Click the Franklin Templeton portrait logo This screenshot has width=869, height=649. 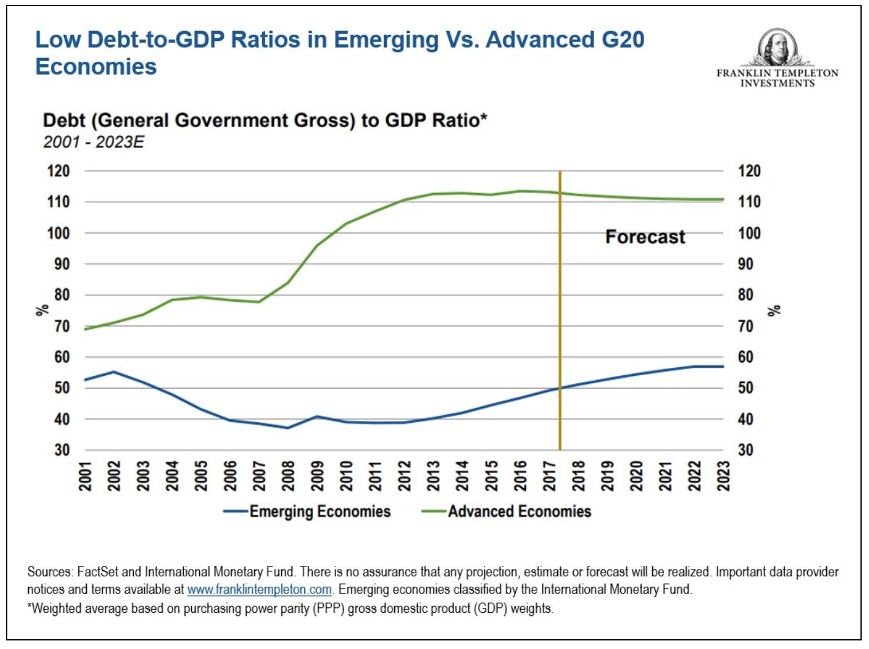click(777, 47)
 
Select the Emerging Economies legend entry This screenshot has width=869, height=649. click(307, 512)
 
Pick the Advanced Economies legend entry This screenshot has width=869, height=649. click(507, 512)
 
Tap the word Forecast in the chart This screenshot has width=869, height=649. click(645, 237)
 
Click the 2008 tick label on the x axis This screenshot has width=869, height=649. click(288, 475)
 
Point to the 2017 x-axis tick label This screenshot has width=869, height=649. click(549, 475)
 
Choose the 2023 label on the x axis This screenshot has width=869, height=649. click(724, 475)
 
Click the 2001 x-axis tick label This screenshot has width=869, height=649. click(85, 475)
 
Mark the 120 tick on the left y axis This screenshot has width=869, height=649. click(58, 171)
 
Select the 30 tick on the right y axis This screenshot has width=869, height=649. click(746, 450)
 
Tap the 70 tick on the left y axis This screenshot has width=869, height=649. click(62, 326)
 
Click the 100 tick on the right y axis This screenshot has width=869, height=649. click(749, 233)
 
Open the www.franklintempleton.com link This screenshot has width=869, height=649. click(259, 590)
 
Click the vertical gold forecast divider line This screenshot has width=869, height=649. click(560, 306)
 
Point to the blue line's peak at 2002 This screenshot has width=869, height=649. click(114, 372)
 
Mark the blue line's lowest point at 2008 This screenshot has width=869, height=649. click(288, 428)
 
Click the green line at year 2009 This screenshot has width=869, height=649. click(317, 246)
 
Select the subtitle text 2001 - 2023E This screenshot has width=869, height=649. click(94, 142)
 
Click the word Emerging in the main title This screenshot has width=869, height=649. click(386, 40)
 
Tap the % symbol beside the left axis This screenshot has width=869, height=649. click(42, 310)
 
